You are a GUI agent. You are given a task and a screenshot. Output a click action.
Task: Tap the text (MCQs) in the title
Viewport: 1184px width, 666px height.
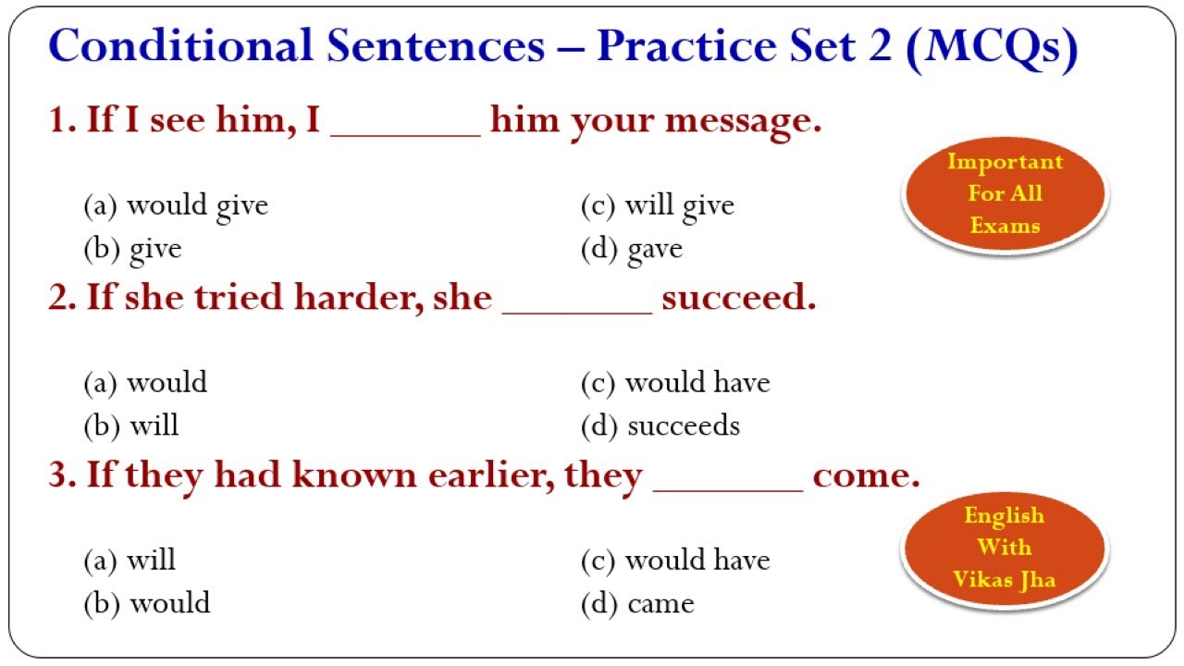point(992,47)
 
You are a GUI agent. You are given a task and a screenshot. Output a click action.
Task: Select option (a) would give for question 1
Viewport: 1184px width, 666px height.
point(176,206)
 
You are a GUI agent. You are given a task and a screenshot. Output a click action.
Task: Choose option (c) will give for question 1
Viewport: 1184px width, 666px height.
point(658,206)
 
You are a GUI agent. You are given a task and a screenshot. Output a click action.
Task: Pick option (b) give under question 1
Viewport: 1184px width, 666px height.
point(132,250)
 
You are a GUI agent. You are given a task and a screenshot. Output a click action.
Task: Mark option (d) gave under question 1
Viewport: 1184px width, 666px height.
point(632,250)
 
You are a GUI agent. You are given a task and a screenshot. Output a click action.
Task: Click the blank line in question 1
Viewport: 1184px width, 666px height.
point(405,136)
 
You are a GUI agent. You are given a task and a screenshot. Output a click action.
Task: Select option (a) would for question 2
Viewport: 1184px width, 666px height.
point(145,383)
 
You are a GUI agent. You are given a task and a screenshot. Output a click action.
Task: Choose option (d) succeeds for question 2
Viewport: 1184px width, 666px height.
point(660,426)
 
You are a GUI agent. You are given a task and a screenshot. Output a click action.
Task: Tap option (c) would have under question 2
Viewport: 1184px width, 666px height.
point(675,383)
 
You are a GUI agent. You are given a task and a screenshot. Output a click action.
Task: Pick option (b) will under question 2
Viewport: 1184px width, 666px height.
point(131,426)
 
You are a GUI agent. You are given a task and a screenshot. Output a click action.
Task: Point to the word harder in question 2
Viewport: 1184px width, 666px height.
point(359,297)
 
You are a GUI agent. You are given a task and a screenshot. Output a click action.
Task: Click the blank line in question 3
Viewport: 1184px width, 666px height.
point(728,491)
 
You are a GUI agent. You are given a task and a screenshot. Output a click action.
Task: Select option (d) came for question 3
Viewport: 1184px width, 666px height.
point(637,604)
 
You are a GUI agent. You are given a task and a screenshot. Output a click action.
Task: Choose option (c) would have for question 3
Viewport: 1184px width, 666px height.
point(675,561)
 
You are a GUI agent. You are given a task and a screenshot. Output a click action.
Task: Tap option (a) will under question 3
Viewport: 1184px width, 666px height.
point(129,561)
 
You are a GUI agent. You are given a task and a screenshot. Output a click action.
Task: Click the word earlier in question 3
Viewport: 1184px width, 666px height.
point(491,475)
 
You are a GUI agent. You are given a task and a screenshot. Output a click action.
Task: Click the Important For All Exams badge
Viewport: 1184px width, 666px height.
point(1005,194)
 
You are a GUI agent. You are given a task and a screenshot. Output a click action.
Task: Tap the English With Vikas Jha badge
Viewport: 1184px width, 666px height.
point(1005,549)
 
